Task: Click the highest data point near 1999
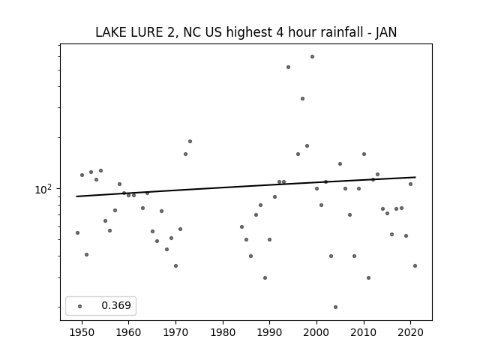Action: [312, 57]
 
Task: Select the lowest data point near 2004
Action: [335, 307]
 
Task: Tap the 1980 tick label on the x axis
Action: [223, 332]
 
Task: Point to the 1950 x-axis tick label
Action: [82, 332]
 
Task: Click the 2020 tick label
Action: [410, 332]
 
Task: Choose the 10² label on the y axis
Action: [43, 189]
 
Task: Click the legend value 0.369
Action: [116, 305]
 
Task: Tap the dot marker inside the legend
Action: [80, 306]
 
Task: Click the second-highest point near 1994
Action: [288, 67]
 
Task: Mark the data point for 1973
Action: [190, 142]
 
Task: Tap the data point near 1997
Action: [302, 98]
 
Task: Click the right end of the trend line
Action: [415, 177]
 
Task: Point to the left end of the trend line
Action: [76, 196]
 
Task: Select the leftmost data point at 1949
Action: [77, 233]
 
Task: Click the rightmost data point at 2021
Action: [415, 265]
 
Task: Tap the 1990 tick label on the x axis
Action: [270, 332]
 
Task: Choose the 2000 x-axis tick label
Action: [316, 332]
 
